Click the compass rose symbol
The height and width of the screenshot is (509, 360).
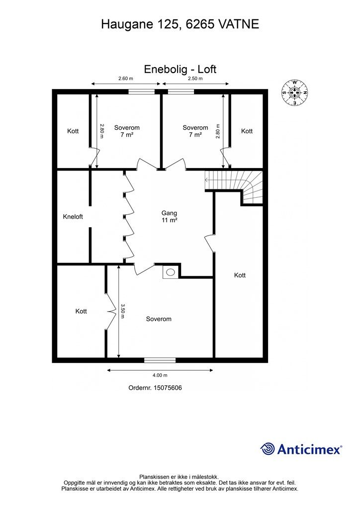pyautogui.click(x=295, y=93)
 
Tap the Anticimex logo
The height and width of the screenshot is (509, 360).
pyautogui.click(x=301, y=449)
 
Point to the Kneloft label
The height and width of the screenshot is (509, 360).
pyautogui.click(x=73, y=217)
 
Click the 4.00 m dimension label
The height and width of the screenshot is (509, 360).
pyautogui.click(x=160, y=375)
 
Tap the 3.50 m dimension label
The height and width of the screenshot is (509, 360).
pyautogui.click(x=123, y=311)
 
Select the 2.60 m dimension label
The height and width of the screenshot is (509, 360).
pyautogui.click(x=125, y=79)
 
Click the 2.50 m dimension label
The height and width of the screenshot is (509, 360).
pyautogui.click(x=195, y=79)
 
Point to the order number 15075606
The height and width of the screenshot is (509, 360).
pyautogui.click(x=155, y=388)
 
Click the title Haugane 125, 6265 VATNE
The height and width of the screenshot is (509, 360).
pyautogui.click(x=180, y=24)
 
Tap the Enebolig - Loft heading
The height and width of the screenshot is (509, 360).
pyautogui.click(x=180, y=69)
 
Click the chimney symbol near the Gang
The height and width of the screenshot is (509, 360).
pyautogui.click(x=171, y=272)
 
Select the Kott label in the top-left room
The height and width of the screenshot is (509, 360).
pyautogui.click(x=73, y=131)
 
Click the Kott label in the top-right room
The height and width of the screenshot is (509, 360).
pyautogui.click(x=247, y=131)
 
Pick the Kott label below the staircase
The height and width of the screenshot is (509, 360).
pyautogui.click(x=240, y=275)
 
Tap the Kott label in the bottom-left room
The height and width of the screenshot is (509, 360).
pyautogui.click(x=81, y=311)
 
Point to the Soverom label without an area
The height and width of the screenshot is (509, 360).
pyautogui.click(x=159, y=319)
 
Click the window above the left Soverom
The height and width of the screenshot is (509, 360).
pyautogui.click(x=141, y=91)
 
